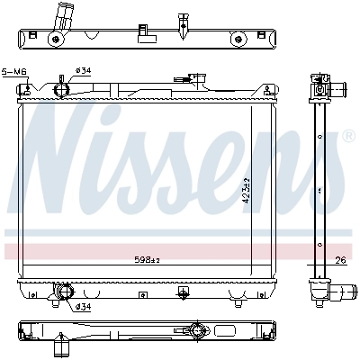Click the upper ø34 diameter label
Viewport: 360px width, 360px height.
(83, 70)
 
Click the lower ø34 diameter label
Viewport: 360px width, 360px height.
(83, 307)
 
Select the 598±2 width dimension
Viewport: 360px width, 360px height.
(147, 261)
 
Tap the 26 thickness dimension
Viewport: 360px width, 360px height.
(339, 263)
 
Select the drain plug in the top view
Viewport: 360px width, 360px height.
(183, 19)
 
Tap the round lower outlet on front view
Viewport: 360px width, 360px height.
(63, 291)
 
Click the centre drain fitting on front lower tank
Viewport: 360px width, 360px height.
(183, 292)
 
